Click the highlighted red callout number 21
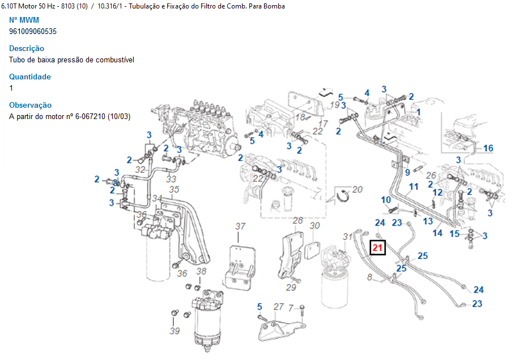tap(378, 247)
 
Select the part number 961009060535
tap(33, 31)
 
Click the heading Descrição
tap(27, 48)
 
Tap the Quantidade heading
tap(30, 77)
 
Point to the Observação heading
tap(30, 105)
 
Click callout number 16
tap(488, 149)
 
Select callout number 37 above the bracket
tap(241, 226)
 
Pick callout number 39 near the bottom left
tap(174, 331)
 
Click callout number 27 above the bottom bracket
tap(278, 307)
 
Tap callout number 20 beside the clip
tap(357, 189)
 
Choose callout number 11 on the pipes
tap(414, 187)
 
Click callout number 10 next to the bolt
tap(386, 200)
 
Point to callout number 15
tap(454, 233)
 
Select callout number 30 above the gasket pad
tap(315, 226)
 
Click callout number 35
tap(174, 189)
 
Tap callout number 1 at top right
tap(419, 112)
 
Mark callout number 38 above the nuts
tap(201, 271)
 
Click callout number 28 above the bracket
tap(298, 220)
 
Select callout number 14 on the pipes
tap(438, 233)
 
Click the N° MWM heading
tap(24, 20)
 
